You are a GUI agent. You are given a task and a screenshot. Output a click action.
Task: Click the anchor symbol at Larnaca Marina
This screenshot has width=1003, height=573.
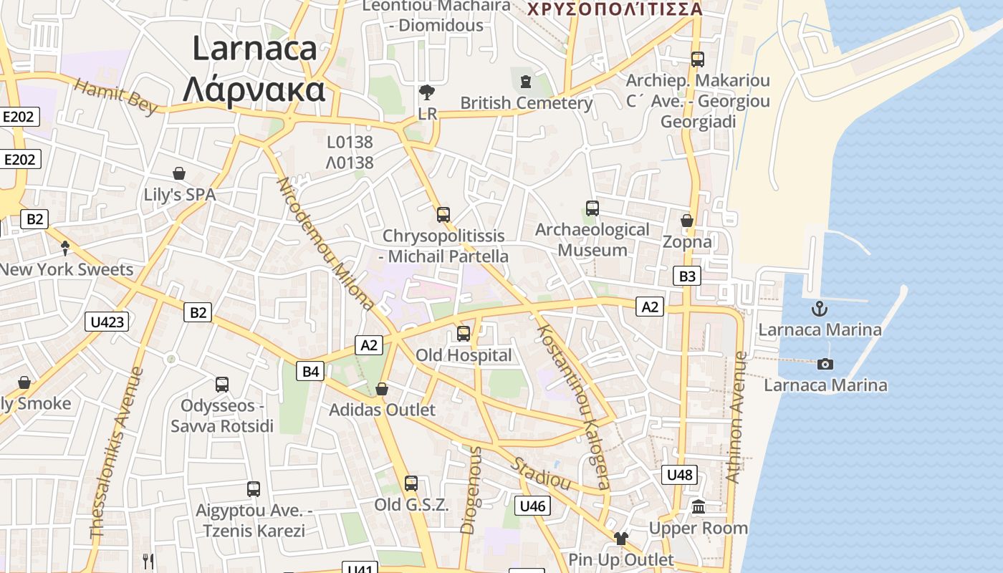pyautogui.click(x=819, y=309)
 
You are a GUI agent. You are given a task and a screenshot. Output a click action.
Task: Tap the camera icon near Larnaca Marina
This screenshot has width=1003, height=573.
pyautogui.click(x=825, y=364)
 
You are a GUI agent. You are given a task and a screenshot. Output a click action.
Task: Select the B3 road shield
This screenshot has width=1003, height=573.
pyautogui.click(x=687, y=276)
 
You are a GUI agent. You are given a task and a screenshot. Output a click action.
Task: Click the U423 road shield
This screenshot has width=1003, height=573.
pyautogui.click(x=107, y=322)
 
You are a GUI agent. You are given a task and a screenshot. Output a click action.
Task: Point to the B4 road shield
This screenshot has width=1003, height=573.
pyautogui.click(x=310, y=371)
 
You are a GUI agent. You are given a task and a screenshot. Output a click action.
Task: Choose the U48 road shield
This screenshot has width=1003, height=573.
pyautogui.click(x=679, y=474)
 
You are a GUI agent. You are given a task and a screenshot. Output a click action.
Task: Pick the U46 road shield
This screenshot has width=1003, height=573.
pyautogui.click(x=533, y=506)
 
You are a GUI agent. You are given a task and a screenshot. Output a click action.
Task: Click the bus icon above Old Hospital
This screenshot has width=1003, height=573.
pyautogui.click(x=464, y=333)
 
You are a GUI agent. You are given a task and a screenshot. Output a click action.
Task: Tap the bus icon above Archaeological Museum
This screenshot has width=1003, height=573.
pyautogui.click(x=592, y=208)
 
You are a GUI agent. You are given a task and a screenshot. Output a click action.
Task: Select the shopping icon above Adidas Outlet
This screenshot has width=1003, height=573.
pyautogui.click(x=382, y=389)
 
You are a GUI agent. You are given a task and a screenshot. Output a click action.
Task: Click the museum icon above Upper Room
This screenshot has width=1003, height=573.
pyautogui.click(x=699, y=507)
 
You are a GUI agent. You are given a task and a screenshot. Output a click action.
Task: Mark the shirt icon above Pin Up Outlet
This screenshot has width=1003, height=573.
pyautogui.click(x=620, y=539)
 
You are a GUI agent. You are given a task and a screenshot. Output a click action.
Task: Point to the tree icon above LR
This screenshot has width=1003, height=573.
pyautogui.click(x=427, y=92)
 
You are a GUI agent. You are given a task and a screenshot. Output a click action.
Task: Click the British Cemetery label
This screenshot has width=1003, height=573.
pyautogui.click(x=527, y=103)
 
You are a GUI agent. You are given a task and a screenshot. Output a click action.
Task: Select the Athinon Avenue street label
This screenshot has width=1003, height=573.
pyautogui.click(x=736, y=416)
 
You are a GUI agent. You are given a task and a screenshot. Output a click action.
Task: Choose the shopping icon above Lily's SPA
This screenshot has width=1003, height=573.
pyautogui.click(x=179, y=173)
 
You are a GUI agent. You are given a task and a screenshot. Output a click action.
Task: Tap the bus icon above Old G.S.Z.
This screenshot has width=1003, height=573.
pyautogui.click(x=411, y=483)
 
